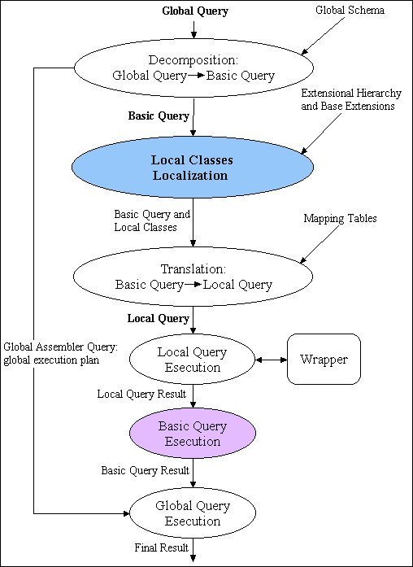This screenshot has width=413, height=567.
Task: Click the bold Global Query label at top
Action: (194, 11)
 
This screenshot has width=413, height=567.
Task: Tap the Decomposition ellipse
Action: (193, 68)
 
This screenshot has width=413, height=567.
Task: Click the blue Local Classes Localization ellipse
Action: (193, 168)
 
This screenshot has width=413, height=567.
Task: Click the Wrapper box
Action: (323, 359)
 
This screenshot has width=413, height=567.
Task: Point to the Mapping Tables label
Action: (339, 219)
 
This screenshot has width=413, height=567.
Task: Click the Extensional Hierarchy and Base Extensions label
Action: (350, 100)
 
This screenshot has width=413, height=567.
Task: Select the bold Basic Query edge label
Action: (159, 116)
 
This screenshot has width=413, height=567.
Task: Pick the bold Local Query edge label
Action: (159, 318)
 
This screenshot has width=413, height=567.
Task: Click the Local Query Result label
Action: (141, 394)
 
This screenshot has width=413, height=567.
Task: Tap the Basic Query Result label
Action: (145, 470)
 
